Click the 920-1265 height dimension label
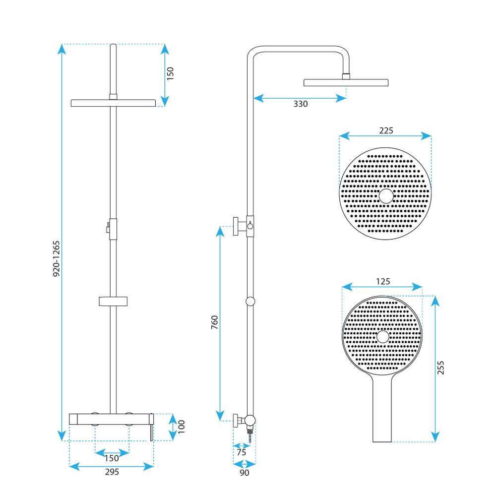(56, 259)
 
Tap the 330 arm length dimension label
(300, 104)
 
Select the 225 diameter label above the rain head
(386, 130)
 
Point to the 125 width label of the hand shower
(383, 281)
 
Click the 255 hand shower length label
(440, 368)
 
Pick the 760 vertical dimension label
(214, 322)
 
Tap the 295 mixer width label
(112, 472)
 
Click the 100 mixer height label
(181, 427)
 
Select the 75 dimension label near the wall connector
(242, 452)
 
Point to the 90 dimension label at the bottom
(244, 473)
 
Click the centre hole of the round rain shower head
(386, 196)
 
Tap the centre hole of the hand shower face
(383, 337)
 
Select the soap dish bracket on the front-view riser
(113, 302)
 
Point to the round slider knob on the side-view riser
(250, 302)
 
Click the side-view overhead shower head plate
(346, 82)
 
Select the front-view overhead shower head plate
(113, 103)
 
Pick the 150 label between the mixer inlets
(112, 458)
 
